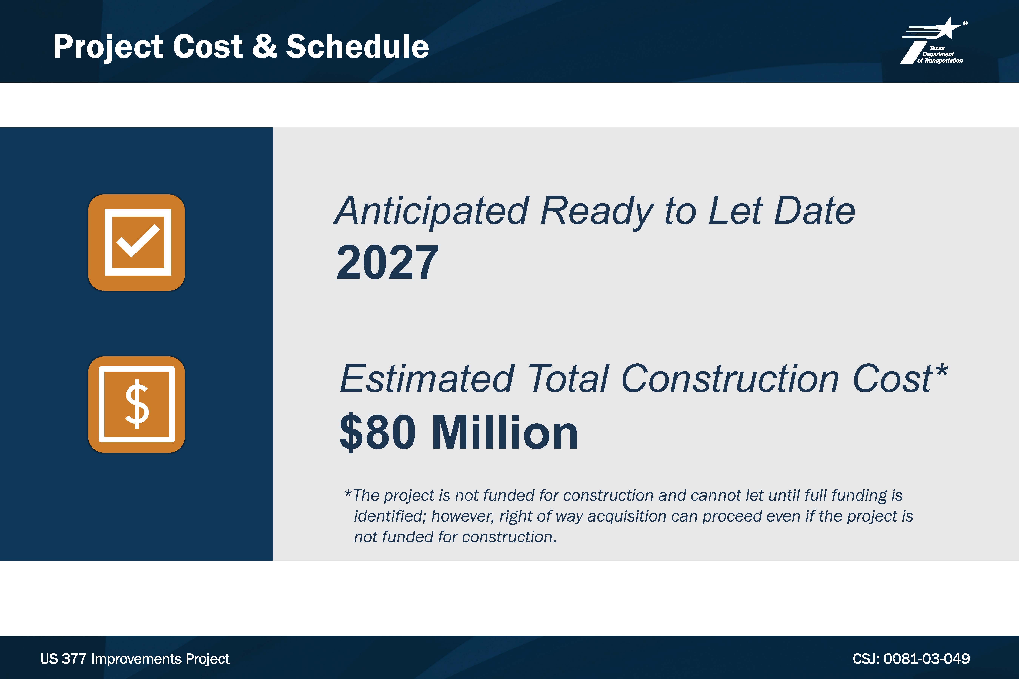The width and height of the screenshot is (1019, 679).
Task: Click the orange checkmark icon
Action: pos(136,243)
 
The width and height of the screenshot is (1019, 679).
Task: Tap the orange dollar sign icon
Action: pos(136,404)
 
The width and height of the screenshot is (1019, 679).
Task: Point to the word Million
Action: pos(505,432)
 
